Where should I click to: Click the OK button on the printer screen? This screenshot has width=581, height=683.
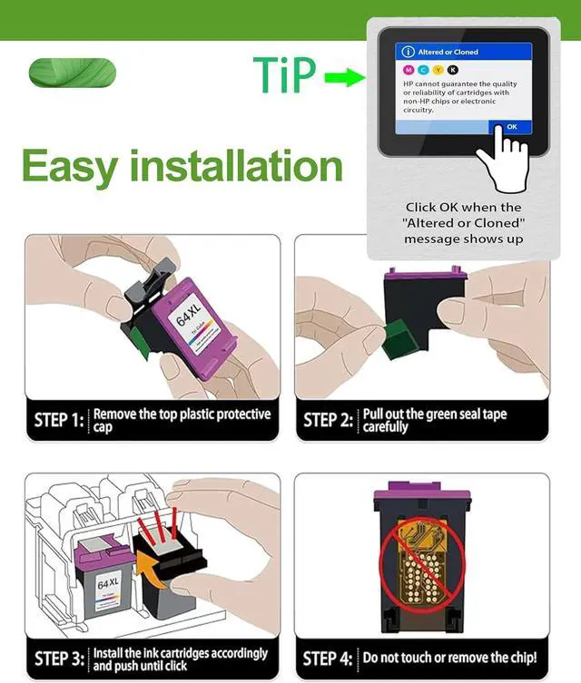click(510, 127)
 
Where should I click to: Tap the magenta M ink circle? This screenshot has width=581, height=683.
click(409, 70)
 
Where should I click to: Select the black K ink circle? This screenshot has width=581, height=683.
click(453, 70)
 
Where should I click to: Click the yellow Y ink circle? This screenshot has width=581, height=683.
click(438, 70)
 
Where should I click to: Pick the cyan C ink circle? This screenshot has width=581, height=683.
click(423, 70)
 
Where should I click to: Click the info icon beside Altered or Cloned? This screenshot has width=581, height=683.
click(408, 52)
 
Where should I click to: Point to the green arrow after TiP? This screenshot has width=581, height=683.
click(345, 77)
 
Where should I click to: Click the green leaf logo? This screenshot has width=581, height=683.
click(73, 73)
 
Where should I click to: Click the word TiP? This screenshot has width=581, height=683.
click(284, 74)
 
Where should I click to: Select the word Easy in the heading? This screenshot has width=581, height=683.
click(70, 167)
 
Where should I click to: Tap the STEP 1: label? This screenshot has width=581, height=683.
click(59, 420)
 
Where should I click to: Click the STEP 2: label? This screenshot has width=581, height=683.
click(329, 420)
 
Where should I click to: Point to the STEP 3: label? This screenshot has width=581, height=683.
click(59, 659)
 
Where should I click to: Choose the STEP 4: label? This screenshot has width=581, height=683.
click(328, 659)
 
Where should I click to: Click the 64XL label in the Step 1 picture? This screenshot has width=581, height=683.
click(189, 315)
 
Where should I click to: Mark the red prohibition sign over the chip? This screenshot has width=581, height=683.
click(422, 565)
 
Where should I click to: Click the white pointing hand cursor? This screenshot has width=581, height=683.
click(505, 159)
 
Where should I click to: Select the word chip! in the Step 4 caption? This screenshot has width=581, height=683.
click(522, 658)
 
